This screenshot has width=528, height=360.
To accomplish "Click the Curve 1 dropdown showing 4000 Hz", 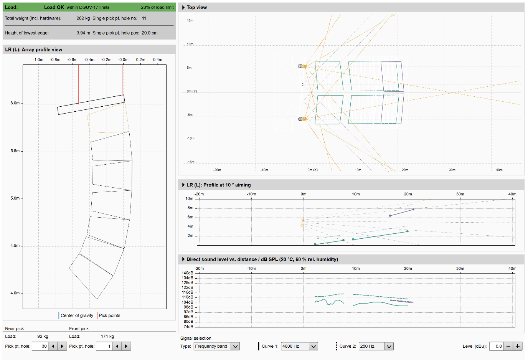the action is (299, 346).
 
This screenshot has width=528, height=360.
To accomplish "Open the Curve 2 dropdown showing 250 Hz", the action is (376, 346).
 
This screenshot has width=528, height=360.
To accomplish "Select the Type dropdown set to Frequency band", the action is (217, 346).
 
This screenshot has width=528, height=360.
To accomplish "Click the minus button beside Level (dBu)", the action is (508, 346).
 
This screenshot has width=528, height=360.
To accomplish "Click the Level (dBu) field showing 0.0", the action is (497, 346).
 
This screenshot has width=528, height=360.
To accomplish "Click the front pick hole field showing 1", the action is (104, 346).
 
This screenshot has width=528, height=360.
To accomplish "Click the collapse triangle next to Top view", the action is (183, 7).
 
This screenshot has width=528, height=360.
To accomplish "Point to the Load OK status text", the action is (54, 7).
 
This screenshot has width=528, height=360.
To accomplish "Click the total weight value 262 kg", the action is (83, 18).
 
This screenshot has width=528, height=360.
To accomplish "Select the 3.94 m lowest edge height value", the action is (83, 33).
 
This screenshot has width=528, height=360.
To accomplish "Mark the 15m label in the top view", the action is (190, 20).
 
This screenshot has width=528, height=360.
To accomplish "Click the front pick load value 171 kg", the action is (107, 337).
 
